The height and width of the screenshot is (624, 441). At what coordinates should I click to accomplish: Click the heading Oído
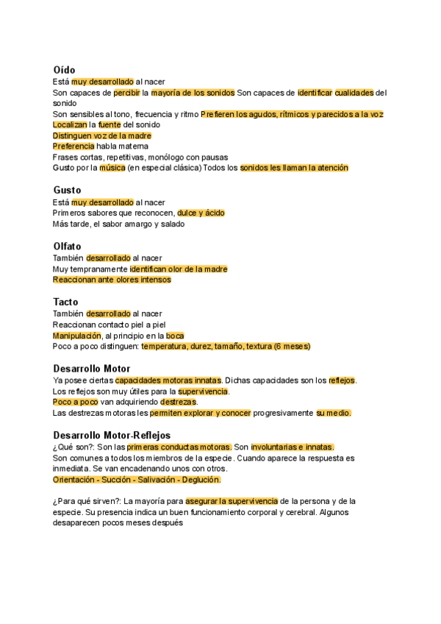tap(64, 70)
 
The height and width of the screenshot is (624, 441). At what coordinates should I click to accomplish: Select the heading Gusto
tap(67, 190)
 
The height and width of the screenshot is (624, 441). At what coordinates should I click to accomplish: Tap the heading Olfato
tap(67, 246)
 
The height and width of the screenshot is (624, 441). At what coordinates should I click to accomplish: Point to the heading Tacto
tap(66, 302)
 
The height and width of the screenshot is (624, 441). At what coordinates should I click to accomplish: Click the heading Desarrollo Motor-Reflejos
tap(112, 435)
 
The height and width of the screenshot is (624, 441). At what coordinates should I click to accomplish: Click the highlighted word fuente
tap(110, 125)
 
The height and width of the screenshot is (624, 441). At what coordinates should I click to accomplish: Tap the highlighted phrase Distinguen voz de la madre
tap(102, 136)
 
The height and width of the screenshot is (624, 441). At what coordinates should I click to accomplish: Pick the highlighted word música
tap(112, 168)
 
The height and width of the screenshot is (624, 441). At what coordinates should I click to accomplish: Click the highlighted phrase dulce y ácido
tap(201, 213)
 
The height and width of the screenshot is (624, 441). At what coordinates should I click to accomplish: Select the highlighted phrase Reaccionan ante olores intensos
tap(112, 280)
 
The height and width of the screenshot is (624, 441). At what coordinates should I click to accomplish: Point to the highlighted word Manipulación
tap(76, 336)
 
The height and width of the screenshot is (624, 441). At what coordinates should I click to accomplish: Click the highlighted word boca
tap(176, 336)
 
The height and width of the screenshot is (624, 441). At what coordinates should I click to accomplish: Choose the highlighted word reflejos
tap(342, 380)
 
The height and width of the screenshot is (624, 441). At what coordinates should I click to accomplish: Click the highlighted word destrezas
tap(178, 402)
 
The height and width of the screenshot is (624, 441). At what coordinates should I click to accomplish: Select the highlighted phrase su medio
tap(334, 413)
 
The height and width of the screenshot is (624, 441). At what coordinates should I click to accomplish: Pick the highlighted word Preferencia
tap(73, 146)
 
